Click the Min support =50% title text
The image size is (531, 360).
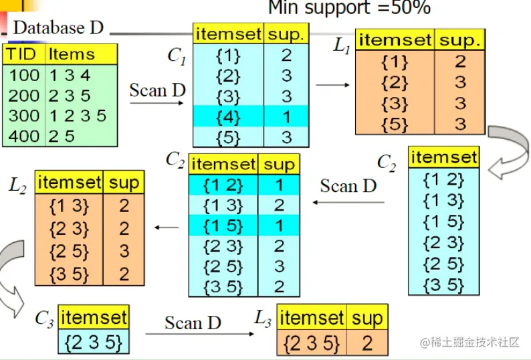coord(349,8)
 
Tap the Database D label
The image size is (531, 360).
coord(58,28)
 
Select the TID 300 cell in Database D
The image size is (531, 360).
coord(24,115)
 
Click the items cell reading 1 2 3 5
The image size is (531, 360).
coord(78,115)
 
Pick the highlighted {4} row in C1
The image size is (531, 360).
coord(228,116)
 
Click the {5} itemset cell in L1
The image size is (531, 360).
coord(394,124)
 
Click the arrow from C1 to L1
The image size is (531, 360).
coord(332,85)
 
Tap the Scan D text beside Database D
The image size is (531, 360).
coord(157,90)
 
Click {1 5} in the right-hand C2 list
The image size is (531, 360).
coord(444,220)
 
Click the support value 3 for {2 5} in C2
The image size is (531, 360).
coord(279,266)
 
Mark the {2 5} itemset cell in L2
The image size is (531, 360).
coord(69,250)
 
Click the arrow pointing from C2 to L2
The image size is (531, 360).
coord(167,228)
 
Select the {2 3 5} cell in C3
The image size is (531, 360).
coord(94,342)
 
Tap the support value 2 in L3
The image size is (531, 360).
coord(366,343)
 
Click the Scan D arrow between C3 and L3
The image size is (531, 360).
coord(193,333)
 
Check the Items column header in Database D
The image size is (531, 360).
coord(72,54)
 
